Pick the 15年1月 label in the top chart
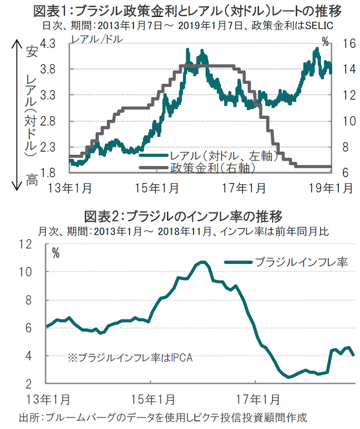[164, 188]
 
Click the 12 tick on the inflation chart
[40, 244]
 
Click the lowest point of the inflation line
[289, 377]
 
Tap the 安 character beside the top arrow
[31, 51]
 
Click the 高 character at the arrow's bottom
[31, 181]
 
